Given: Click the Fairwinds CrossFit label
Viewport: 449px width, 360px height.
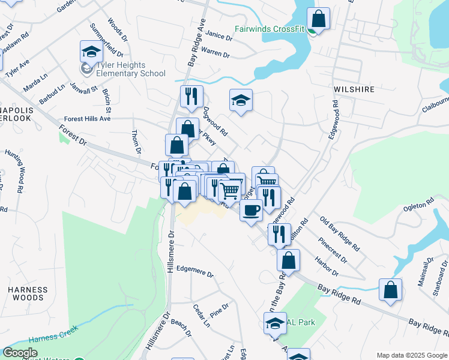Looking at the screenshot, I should pyautogui.click(x=270, y=29).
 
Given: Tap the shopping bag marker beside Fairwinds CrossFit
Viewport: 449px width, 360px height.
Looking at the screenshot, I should pyautogui.click(x=319, y=19).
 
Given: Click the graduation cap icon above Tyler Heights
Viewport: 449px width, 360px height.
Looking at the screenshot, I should pyautogui.click(x=91, y=52).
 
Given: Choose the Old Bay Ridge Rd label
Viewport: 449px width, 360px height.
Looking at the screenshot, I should pyautogui.click(x=340, y=234).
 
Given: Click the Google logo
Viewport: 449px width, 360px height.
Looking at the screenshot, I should pyautogui.click(x=20, y=353).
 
